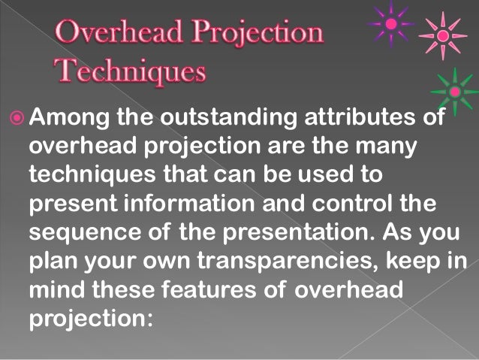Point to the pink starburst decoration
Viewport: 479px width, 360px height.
click(x=443, y=35)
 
